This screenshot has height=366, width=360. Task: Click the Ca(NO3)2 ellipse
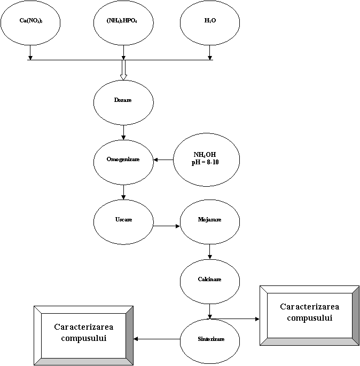(x=30, y=22)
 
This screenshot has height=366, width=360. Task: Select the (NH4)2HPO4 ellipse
(x=123, y=22)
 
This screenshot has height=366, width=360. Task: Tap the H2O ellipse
(x=209, y=22)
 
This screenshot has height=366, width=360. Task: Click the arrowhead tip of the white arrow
(x=123, y=79)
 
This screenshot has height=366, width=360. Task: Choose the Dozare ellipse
(x=123, y=101)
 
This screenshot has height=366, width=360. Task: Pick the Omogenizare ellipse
(x=123, y=160)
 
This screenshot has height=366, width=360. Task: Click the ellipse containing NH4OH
(x=206, y=159)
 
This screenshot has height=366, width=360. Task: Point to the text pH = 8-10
(x=206, y=162)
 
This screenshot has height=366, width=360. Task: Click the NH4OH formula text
(x=205, y=155)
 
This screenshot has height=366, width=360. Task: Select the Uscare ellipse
(x=123, y=220)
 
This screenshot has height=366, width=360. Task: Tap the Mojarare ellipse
(x=209, y=220)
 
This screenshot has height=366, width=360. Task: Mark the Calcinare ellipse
(x=209, y=280)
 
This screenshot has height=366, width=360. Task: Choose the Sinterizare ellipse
(x=209, y=340)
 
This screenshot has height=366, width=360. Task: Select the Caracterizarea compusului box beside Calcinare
(x=309, y=313)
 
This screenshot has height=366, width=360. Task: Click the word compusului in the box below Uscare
(x=83, y=338)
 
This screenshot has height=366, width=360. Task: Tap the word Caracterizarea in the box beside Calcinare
(x=310, y=307)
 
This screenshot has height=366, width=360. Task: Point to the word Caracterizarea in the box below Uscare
(x=83, y=327)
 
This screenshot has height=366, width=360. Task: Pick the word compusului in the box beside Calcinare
(x=310, y=318)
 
